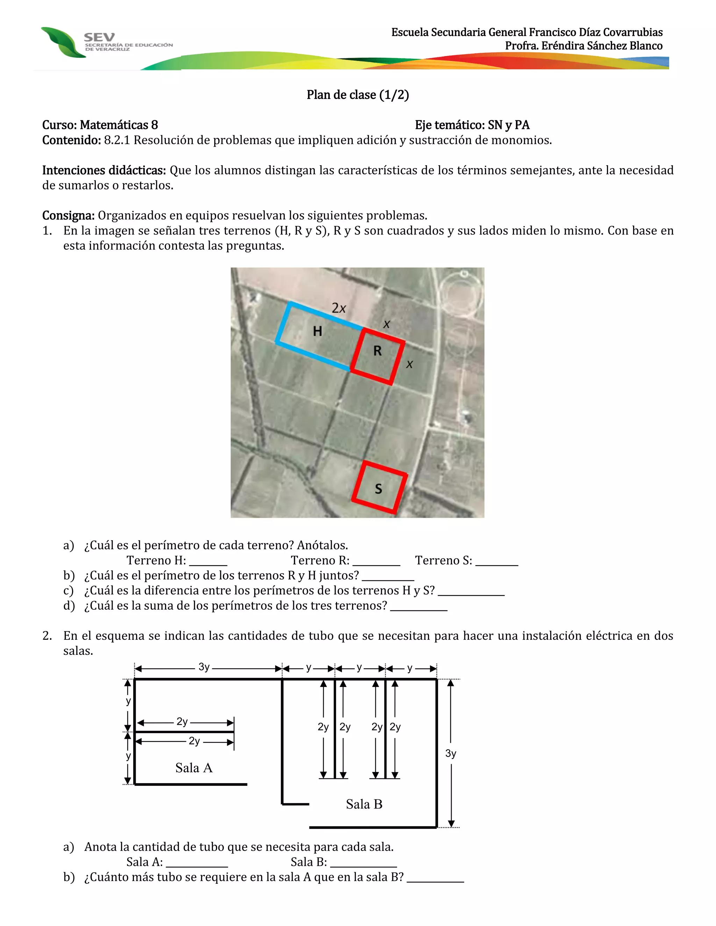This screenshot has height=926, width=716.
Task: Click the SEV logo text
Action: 99,37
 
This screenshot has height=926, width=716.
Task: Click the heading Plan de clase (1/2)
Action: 358,95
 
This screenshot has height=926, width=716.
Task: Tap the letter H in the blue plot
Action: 317,331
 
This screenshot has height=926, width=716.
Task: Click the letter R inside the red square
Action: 377,350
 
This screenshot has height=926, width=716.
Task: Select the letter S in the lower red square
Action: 378,489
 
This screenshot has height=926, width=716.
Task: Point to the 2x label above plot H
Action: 338,308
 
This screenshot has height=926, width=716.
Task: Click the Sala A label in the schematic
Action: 194,768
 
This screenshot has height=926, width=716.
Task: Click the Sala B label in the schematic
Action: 364,804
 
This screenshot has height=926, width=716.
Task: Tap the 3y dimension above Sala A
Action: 204,667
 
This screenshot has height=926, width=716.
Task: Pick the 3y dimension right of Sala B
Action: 450,753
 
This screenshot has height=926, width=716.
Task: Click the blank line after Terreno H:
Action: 208,564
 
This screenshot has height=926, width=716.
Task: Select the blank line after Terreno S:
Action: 497,564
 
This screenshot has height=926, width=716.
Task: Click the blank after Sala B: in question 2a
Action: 363,865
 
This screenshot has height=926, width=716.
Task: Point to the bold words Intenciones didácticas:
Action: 104,171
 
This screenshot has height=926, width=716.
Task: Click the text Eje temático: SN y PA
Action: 472,125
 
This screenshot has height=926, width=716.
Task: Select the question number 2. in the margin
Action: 47,636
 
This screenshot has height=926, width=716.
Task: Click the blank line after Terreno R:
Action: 376,564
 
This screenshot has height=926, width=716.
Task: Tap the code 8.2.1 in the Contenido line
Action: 117,140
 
